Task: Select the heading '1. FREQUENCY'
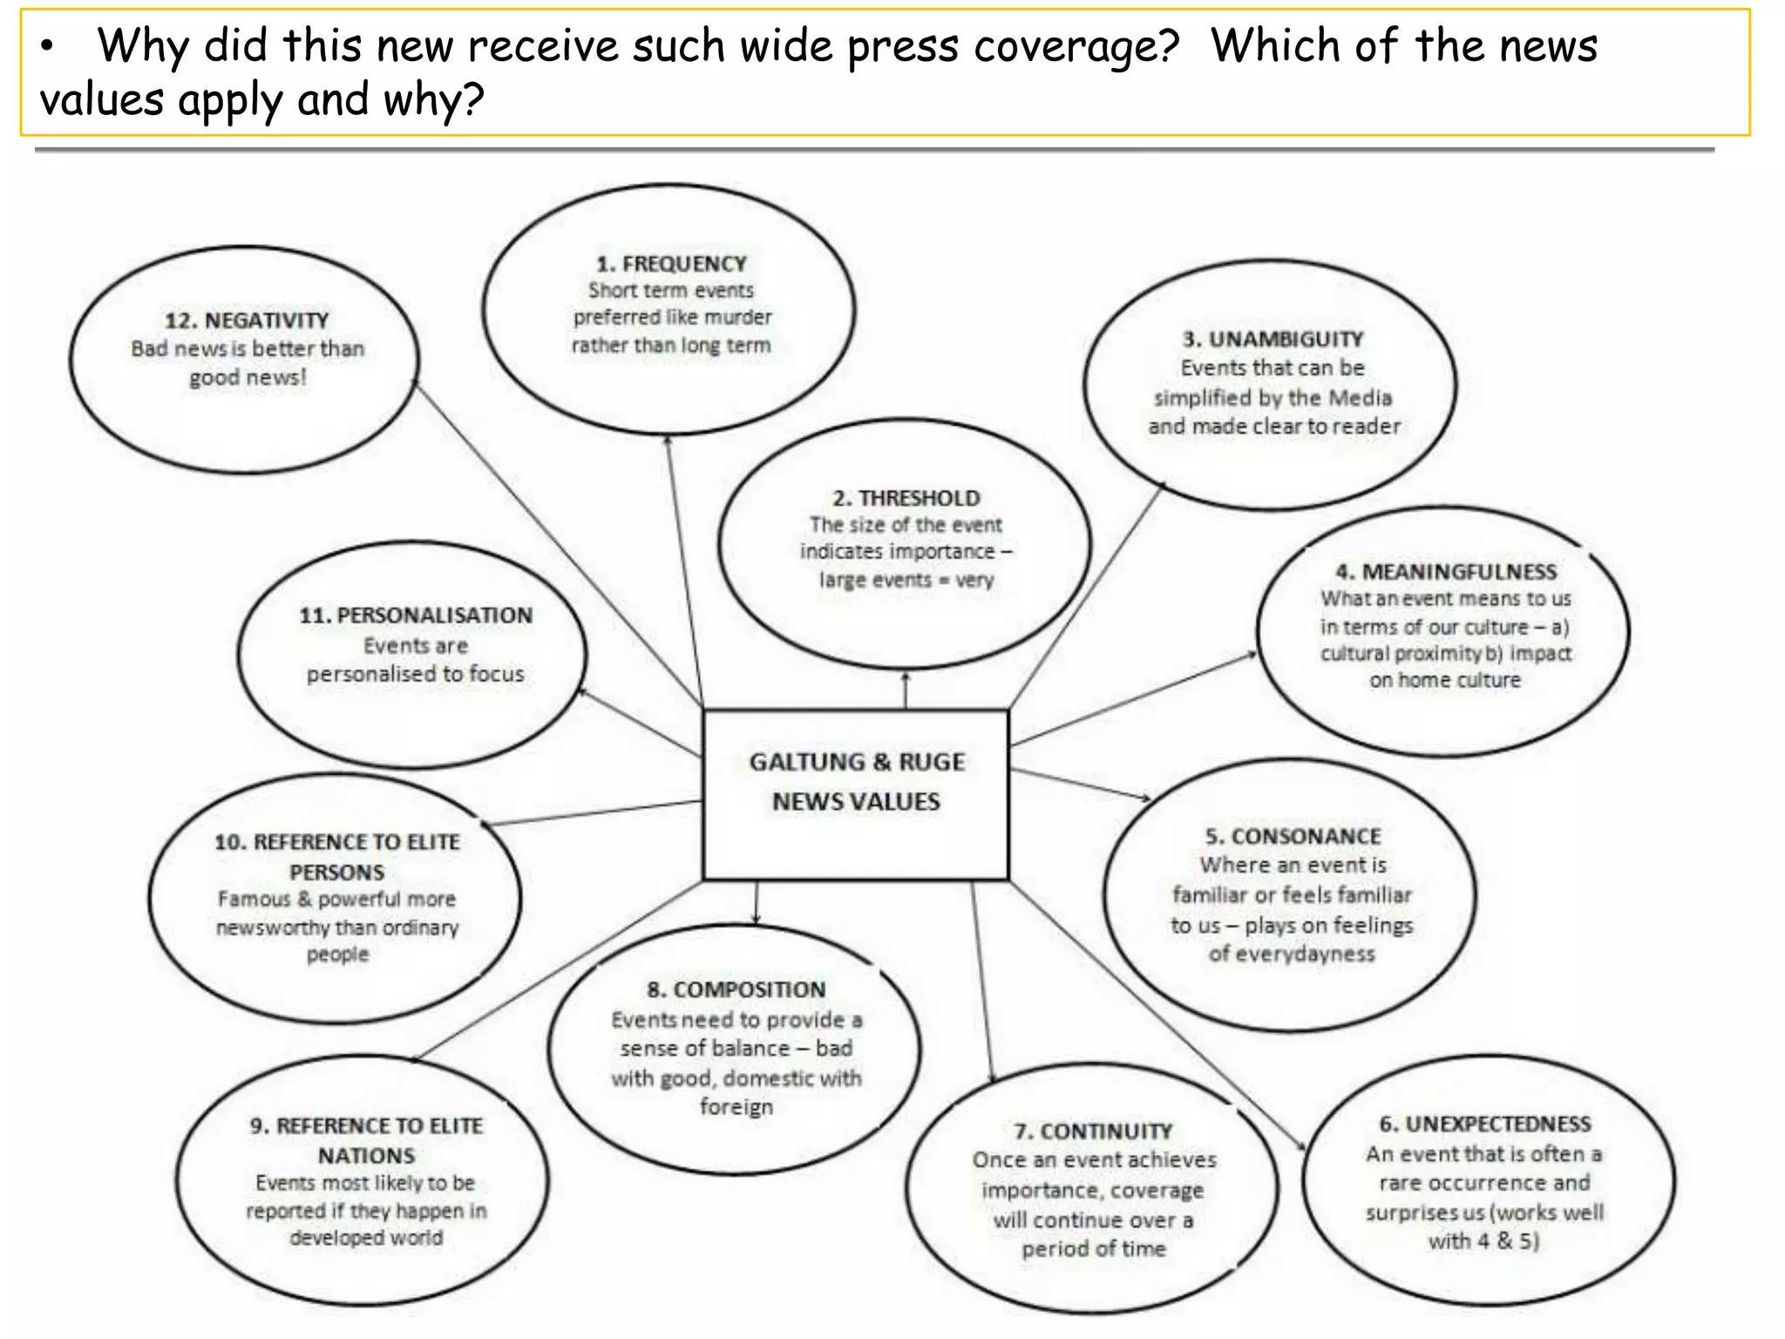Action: point(671,263)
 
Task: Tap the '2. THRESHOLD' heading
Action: point(906,498)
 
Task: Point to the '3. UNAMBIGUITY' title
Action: point(1273,339)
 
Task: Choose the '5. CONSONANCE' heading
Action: point(1293,836)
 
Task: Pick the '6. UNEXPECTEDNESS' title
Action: point(1484,1124)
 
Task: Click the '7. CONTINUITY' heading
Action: point(1093,1131)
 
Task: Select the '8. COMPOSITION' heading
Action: point(736,989)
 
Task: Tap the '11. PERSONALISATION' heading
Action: point(416,615)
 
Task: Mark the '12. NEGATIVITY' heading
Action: point(247,320)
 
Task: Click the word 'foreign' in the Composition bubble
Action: point(736,1106)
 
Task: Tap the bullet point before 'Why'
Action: point(48,48)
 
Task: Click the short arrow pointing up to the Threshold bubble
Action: point(906,690)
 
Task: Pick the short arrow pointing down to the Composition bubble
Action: point(756,902)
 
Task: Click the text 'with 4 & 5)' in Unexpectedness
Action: point(1483,1240)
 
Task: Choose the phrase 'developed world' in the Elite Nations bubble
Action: point(366,1238)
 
